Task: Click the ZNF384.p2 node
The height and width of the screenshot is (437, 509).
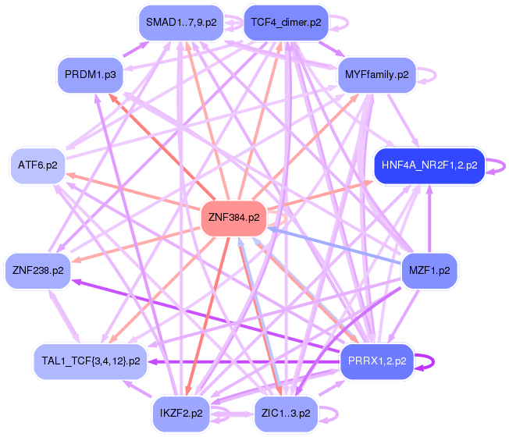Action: [x=232, y=218]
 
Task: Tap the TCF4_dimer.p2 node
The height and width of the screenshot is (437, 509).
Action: [x=283, y=23]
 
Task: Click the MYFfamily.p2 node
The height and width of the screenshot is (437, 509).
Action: [x=376, y=75]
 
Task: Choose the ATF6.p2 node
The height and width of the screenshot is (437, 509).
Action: [x=37, y=165]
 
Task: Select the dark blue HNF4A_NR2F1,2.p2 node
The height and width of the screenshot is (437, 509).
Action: [x=429, y=165]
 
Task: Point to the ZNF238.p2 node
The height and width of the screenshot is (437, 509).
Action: [x=37, y=271]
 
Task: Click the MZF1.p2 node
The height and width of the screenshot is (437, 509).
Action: [x=429, y=271]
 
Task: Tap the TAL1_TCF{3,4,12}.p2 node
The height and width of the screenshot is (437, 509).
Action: [x=91, y=361]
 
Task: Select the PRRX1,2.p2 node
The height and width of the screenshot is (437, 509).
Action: [x=379, y=361]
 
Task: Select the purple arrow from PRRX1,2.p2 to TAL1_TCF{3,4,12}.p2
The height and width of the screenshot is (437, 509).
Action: [x=242, y=361]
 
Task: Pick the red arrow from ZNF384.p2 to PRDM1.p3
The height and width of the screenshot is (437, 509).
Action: [x=156, y=142]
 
